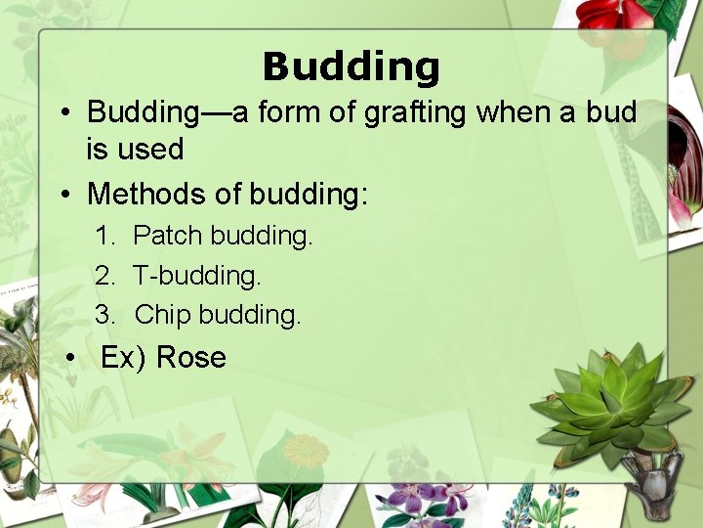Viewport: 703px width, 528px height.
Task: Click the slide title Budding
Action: coord(351,66)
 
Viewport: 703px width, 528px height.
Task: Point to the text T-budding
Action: coord(197,276)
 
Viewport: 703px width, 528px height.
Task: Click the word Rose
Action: coord(190,358)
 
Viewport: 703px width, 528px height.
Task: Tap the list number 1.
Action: coord(104,236)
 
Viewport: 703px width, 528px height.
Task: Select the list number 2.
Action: coord(104,276)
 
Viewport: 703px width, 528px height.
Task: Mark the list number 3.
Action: coord(104,315)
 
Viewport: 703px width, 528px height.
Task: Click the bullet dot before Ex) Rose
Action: coord(70,359)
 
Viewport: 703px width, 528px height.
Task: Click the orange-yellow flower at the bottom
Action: coord(307,451)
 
